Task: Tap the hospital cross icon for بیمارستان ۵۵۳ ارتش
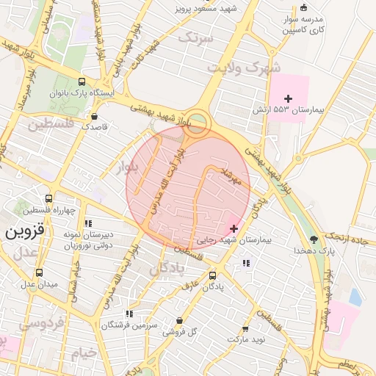tap(288, 98)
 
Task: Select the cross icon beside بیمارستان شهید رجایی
tap(234, 228)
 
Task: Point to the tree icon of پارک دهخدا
tap(314, 239)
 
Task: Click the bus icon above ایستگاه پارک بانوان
tap(80, 82)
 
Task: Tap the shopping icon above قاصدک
tap(94, 116)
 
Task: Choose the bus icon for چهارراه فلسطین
tap(49, 199)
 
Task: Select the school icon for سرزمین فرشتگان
tap(130, 314)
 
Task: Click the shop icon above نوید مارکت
tap(245, 329)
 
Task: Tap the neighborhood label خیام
tap(83, 353)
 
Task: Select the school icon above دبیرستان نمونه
tap(88, 223)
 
